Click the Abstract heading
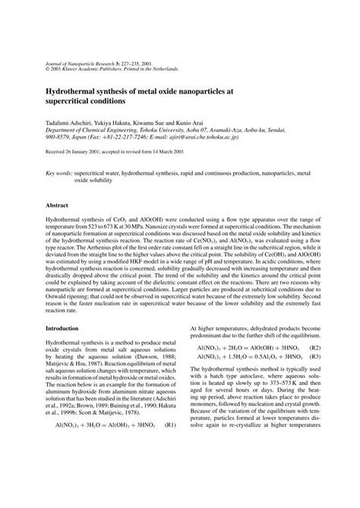(58, 206)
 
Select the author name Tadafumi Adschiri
(71, 121)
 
